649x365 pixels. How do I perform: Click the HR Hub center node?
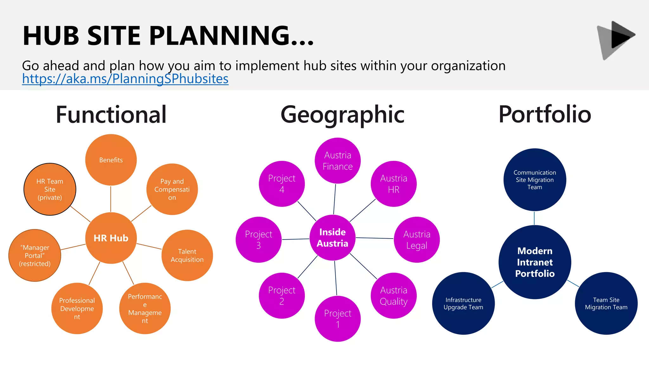click(x=111, y=238)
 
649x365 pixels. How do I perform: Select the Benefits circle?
click(x=111, y=160)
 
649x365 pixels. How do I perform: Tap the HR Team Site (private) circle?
click(x=50, y=189)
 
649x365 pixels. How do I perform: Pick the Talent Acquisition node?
click(x=187, y=255)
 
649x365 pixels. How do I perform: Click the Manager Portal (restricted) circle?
click(x=35, y=255)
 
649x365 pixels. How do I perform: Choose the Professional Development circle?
click(x=77, y=308)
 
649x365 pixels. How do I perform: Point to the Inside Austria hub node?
click(x=332, y=238)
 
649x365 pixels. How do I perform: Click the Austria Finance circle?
click(x=337, y=161)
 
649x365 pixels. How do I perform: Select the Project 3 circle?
click(x=259, y=240)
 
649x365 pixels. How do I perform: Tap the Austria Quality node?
click(x=394, y=296)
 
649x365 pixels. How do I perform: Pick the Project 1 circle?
click(x=337, y=319)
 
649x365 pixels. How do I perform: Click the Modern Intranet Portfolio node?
click(x=535, y=262)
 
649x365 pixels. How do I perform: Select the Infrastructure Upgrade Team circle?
click(x=463, y=303)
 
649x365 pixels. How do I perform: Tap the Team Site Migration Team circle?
click(x=606, y=303)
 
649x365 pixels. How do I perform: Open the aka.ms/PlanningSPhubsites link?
click(x=125, y=79)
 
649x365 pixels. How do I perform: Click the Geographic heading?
click(x=342, y=114)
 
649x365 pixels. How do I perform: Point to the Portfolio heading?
click(x=545, y=114)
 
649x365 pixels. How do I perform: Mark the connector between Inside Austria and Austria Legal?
click(x=375, y=238)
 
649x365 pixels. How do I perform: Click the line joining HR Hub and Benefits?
click(x=111, y=199)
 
